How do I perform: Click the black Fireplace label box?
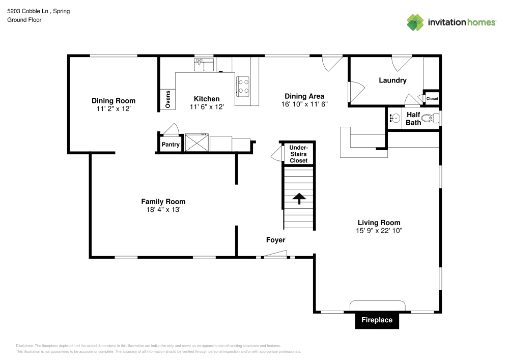[x=377, y=320]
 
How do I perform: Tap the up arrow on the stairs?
[x=298, y=198]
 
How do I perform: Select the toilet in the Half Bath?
[x=431, y=119]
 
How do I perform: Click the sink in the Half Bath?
[x=394, y=119]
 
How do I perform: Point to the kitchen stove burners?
[x=243, y=86]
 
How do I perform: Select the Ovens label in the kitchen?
[x=167, y=99]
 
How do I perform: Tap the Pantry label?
[x=171, y=145]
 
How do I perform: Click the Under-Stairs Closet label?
[x=298, y=154]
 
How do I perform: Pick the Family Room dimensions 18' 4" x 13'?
[x=163, y=209]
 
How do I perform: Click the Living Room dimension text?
[x=379, y=231]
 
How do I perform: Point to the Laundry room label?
[x=392, y=80]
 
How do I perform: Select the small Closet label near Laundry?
[x=432, y=99]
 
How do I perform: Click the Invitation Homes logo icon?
[x=415, y=22]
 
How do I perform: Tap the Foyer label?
[x=275, y=240]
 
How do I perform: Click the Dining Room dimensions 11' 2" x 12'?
[x=114, y=109]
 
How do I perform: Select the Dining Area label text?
[x=304, y=96]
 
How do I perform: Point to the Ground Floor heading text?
[x=24, y=20]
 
